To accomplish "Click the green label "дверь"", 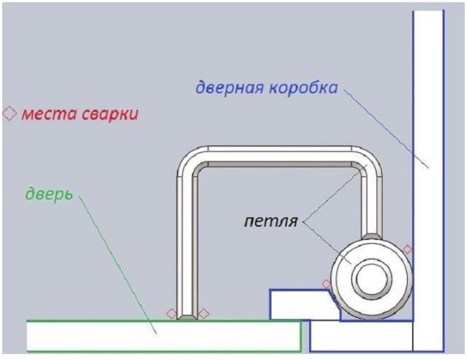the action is point(49,194).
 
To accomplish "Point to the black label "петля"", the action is point(271,221).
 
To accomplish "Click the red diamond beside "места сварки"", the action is point(10,113).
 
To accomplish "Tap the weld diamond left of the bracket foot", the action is point(171,313).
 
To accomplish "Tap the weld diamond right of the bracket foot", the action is point(204,313).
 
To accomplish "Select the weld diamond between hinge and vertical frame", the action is point(407,250).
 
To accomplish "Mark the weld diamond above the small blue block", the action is point(326,284).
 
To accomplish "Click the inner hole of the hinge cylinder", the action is point(371,279).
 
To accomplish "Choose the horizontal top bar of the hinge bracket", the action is point(280,154).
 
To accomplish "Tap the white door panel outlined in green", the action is point(164,336).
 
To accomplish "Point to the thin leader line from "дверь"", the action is point(117,264).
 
